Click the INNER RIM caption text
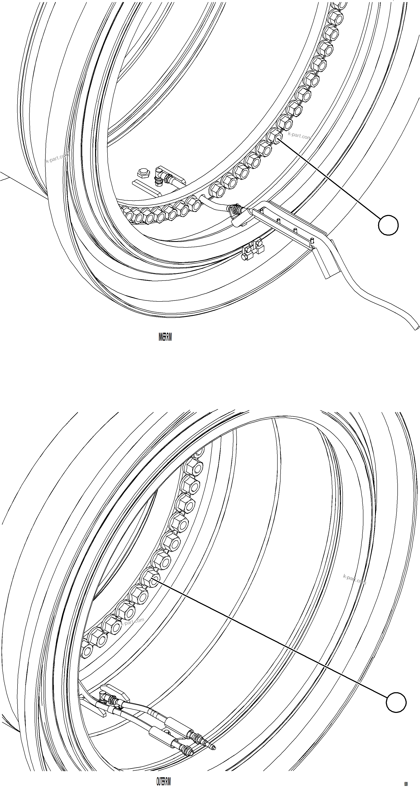(165, 337)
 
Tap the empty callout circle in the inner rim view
(388, 225)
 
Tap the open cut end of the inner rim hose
(417, 327)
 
